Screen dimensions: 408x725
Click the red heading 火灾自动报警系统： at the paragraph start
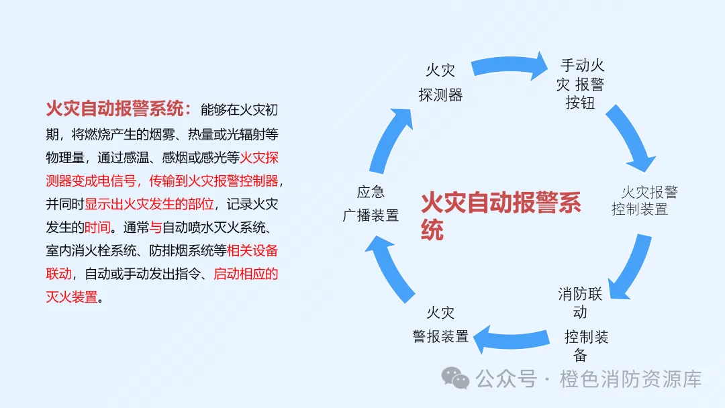(119, 109)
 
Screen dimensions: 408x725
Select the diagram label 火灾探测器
(441, 83)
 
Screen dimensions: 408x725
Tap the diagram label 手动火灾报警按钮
(581, 84)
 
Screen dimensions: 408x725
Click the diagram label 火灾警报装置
(440, 325)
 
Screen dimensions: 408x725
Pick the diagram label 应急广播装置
(371, 204)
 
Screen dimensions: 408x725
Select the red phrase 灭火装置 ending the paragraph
(72, 297)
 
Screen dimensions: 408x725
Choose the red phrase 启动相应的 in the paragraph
(246, 274)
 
